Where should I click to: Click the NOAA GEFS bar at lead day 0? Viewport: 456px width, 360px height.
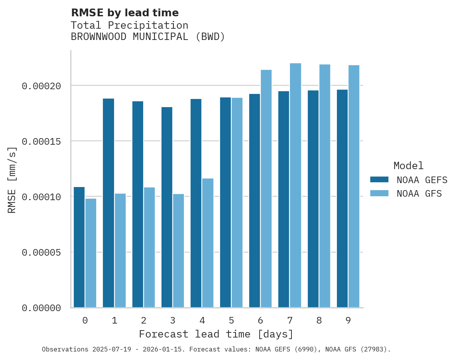(79, 247)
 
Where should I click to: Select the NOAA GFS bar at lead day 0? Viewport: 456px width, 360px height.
(91, 253)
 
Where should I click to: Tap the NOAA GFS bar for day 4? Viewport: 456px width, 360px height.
(208, 243)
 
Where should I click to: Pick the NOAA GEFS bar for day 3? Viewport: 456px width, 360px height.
(167, 208)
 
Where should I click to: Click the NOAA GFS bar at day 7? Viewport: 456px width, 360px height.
(295, 185)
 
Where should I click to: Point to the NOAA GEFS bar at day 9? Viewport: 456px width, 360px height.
(342, 199)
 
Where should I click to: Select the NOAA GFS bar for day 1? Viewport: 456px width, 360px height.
(120, 251)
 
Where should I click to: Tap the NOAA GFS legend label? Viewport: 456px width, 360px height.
(419, 194)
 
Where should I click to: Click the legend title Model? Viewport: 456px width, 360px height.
(408, 166)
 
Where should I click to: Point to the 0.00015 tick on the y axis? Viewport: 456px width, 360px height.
(42, 141)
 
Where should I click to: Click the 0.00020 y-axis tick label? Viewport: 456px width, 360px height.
(42, 86)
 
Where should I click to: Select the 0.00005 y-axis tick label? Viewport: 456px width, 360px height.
(42, 253)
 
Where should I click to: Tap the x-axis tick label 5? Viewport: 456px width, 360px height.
(231, 320)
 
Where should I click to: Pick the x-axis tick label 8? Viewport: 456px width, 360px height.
(319, 320)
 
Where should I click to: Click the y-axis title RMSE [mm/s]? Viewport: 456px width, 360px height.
(12, 180)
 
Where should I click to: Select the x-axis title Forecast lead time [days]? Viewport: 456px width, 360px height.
(216, 334)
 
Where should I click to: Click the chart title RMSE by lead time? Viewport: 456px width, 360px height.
(125, 13)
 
